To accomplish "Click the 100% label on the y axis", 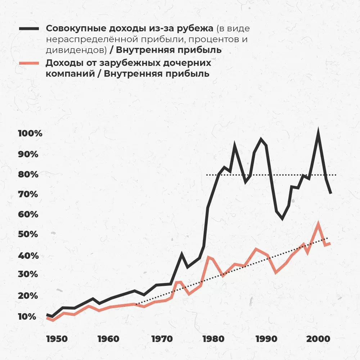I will pos(30,134).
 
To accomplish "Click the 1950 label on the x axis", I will pos(56,339).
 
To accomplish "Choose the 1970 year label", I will pos(161,339).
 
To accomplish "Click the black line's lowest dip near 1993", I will pos(282,218).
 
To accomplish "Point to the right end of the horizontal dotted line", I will pos(336,175).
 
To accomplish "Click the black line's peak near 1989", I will pos(261,139).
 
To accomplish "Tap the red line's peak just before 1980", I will pos(208,257).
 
